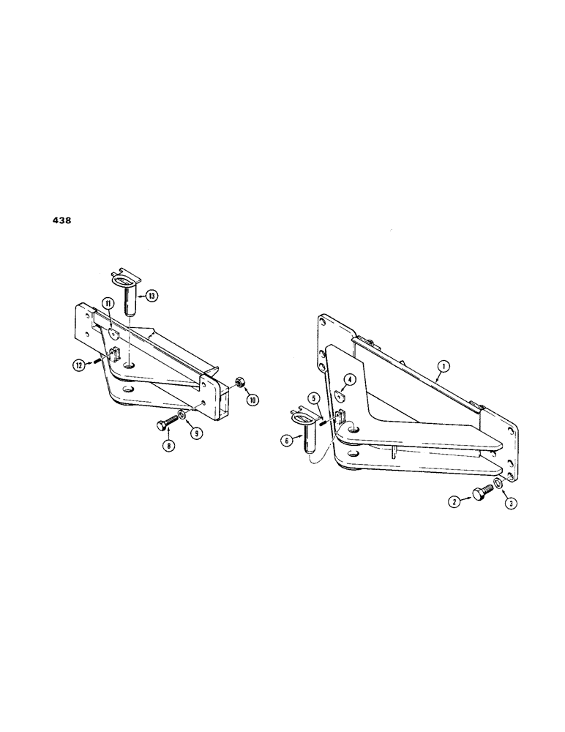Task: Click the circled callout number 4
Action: [x=351, y=379]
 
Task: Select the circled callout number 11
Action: [x=107, y=302]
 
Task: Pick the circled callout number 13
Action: [x=151, y=296]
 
